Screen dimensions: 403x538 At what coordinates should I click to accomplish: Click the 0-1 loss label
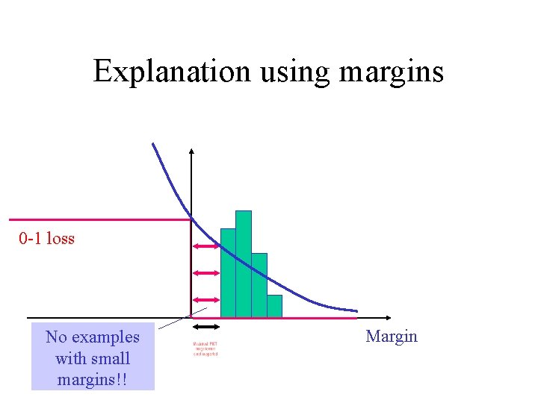[x=47, y=239]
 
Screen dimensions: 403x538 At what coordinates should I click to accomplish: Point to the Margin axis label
[x=392, y=337]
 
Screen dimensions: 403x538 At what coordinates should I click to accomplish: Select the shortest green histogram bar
[x=274, y=306]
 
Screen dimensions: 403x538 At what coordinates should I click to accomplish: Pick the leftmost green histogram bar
[x=228, y=273]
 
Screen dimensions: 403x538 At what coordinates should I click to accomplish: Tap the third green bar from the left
[x=259, y=285]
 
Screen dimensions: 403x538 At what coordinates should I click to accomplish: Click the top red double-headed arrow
[x=205, y=247]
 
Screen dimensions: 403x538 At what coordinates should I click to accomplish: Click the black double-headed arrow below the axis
[x=205, y=327]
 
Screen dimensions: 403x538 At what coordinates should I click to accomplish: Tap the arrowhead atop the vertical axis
[x=192, y=152]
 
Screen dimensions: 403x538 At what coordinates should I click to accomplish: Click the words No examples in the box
[x=93, y=337]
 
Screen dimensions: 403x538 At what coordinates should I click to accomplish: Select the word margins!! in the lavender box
[x=93, y=379]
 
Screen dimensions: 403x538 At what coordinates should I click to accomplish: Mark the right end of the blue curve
[x=356, y=310]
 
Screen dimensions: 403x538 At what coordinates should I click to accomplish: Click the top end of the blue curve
[x=153, y=144]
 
